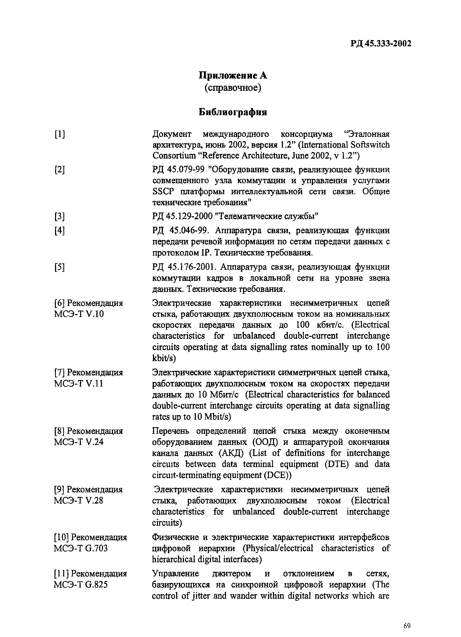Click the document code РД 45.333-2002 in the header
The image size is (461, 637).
381,44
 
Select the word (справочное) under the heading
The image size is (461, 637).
233,88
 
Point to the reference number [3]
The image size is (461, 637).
59,216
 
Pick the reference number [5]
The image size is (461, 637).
59,267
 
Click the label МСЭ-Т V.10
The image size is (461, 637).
79,314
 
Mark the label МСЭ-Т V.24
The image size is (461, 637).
79,442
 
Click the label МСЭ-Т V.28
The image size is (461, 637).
79,500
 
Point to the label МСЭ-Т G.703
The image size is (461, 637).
81,548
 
